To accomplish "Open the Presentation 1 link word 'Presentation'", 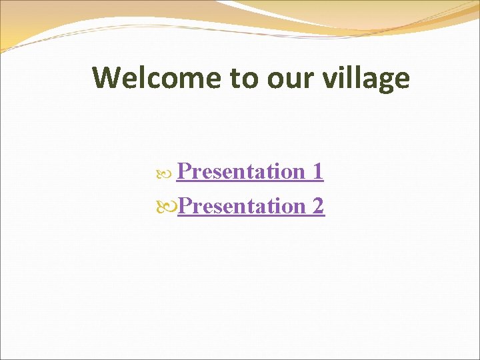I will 241,171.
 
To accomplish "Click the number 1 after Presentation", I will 317,171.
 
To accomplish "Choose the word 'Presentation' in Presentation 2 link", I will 241,206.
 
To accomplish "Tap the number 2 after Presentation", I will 317,206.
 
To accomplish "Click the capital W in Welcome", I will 107,78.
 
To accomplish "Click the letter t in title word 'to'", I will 236,78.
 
